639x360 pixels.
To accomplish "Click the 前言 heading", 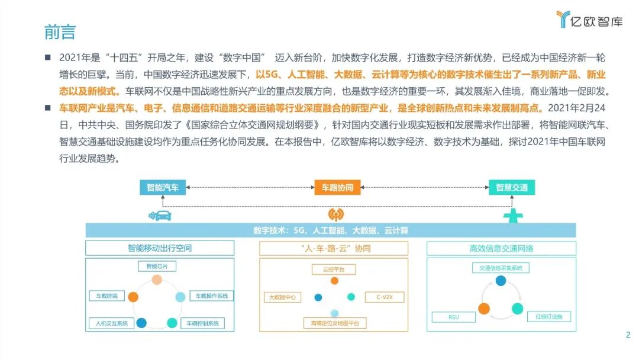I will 60,31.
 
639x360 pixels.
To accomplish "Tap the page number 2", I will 628,335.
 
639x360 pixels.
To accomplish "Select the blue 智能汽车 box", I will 163,188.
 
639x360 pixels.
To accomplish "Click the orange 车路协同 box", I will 337,188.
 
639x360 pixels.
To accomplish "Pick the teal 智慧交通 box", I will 512,188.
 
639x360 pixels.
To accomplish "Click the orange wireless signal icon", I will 335,214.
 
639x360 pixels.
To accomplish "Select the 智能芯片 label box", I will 157,266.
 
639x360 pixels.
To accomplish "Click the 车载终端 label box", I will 107,295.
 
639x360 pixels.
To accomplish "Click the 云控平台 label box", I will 334,269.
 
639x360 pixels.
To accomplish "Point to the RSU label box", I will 454,317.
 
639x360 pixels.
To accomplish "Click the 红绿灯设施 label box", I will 549,317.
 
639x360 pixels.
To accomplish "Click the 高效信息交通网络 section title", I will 501,248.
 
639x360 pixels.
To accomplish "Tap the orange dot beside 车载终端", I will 134,297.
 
